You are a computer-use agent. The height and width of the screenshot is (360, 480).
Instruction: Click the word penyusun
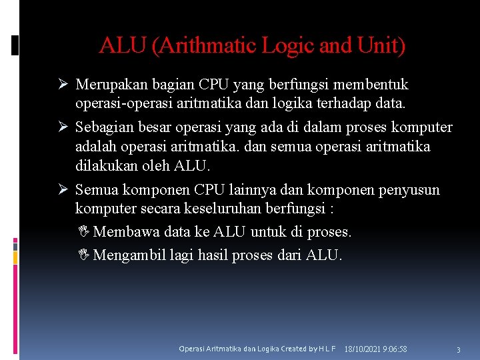(x=407, y=190)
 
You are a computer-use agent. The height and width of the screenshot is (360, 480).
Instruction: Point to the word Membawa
(x=124, y=232)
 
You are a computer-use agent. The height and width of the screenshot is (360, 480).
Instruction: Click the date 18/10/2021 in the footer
(x=364, y=349)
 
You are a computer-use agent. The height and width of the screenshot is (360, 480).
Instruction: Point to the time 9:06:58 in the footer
(x=396, y=349)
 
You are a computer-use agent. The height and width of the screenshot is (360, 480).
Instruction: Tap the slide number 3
(x=458, y=350)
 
